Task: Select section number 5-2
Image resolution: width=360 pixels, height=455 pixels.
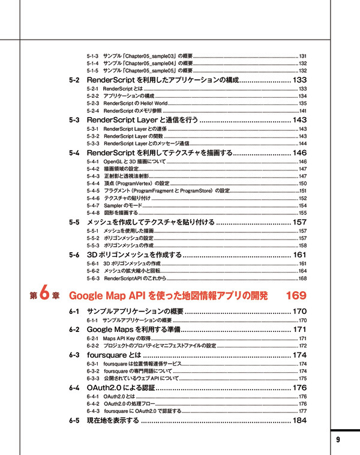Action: point(74,80)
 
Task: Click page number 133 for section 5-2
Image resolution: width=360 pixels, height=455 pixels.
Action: point(300,80)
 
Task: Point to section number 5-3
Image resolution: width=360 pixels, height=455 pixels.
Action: point(74,121)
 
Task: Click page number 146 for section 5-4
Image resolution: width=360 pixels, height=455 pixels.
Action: point(300,153)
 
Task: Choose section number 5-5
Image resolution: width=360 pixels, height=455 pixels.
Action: point(74,222)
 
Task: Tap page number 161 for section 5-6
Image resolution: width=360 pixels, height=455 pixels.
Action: point(301,255)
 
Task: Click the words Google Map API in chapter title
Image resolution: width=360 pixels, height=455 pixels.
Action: point(108,296)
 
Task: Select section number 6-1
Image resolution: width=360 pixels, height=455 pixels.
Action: point(74,312)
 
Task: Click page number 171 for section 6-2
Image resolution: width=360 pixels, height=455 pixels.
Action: point(300,330)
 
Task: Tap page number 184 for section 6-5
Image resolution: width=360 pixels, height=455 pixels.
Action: point(300,420)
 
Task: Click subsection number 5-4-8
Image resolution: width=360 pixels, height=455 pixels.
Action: point(93,212)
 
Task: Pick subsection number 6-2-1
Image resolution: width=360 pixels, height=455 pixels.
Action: point(93,339)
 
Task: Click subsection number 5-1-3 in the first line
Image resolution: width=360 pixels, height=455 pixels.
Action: point(93,56)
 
